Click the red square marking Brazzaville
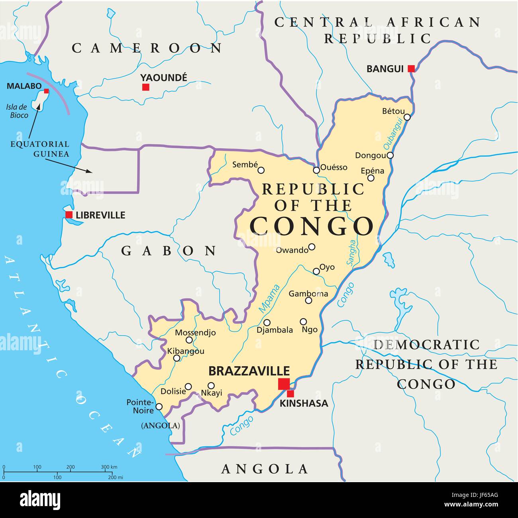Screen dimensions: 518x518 [x=284, y=384]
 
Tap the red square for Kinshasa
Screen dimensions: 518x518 [x=290, y=394]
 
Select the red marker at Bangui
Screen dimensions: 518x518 [x=411, y=69]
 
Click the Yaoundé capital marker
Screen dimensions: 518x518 [x=146, y=87]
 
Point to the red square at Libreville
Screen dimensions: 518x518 [x=69, y=215]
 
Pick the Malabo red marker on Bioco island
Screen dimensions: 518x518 [x=46, y=91]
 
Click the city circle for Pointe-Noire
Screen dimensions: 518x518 [x=159, y=406]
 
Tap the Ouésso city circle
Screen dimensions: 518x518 [x=316, y=170]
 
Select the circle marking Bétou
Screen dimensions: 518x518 [x=407, y=117]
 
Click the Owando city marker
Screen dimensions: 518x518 [x=312, y=247]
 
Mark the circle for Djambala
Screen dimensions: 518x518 [x=267, y=322]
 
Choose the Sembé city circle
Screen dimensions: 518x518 [x=261, y=170]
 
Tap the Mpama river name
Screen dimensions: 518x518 [x=269, y=298]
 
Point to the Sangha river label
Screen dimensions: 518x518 [x=351, y=252]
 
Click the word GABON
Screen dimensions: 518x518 [x=169, y=251]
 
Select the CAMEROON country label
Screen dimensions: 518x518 [x=147, y=48]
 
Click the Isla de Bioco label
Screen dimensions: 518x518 [x=17, y=111]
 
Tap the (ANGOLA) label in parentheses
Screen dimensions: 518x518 [x=161, y=426]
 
